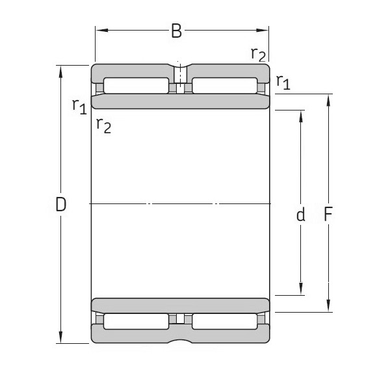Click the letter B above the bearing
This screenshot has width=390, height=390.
[176, 31]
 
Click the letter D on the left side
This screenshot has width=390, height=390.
[60, 205]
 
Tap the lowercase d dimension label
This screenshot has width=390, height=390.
[300, 215]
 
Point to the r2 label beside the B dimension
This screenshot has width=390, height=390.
[258, 53]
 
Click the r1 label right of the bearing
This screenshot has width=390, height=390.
[283, 81]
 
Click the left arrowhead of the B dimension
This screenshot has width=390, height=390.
[99, 29]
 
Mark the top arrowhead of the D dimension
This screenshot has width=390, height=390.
[60, 70]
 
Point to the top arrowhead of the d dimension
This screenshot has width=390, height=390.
[301, 115]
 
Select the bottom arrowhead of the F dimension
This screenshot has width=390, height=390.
[328, 307]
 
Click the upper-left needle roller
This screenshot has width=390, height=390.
[136, 86]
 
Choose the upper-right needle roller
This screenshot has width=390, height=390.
[224, 86]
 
